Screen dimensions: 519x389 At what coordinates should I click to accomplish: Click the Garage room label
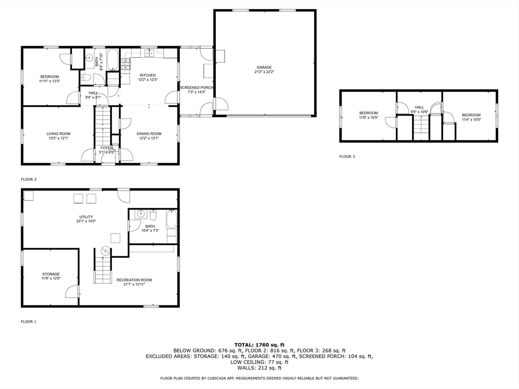click(264, 67)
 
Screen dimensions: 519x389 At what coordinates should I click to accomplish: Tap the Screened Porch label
click(196, 88)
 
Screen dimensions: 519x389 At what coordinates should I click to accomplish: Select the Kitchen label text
click(147, 75)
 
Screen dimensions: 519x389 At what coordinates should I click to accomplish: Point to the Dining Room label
click(149, 134)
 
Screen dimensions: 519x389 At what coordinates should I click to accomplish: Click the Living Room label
click(58, 134)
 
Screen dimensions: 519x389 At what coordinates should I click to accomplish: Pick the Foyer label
click(106, 148)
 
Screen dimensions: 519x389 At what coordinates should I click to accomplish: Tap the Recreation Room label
click(134, 280)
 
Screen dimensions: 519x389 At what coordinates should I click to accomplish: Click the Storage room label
click(51, 274)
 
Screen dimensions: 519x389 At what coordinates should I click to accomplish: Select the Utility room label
click(86, 217)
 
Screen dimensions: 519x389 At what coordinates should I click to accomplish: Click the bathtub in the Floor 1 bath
click(171, 219)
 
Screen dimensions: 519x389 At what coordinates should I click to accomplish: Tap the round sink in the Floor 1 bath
click(141, 214)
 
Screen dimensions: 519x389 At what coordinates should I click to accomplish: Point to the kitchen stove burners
click(126, 64)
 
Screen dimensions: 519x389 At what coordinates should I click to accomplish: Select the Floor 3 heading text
click(347, 157)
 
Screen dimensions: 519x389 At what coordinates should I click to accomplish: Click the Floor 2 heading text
click(29, 179)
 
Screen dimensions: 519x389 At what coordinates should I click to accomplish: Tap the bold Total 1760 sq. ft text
click(259, 345)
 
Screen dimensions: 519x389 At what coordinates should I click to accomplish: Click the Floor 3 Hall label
click(419, 107)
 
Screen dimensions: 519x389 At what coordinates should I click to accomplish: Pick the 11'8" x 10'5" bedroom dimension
click(368, 118)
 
